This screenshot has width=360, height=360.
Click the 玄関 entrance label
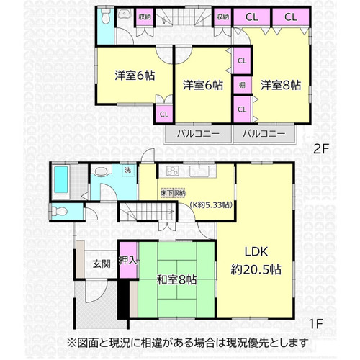pos(102,264)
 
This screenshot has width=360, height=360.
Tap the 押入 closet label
pos(128,261)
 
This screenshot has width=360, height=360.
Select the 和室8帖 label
pos(177,280)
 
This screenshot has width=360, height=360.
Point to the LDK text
pos(256,252)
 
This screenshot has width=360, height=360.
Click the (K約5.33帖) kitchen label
pos(211,205)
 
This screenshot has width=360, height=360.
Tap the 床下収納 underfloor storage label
pos(173,193)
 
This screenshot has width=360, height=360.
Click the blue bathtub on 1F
pos(61,179)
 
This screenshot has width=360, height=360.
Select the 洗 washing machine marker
pos(127,170)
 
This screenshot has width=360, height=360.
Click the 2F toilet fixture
pos(105,16)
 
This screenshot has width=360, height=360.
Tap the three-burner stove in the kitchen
pos(173,171)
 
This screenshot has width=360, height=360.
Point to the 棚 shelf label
pos(242,85)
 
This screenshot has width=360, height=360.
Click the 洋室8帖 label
pos(281,85)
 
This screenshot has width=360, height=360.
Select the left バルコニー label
pos(198,133)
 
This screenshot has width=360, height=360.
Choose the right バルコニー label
pos(264,133)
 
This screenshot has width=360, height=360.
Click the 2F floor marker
pos(321,149)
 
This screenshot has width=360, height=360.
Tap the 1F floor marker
pos(315,324)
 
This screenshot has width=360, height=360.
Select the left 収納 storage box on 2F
pos(145,17)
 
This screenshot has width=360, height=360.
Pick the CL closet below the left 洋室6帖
pos(164,114)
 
